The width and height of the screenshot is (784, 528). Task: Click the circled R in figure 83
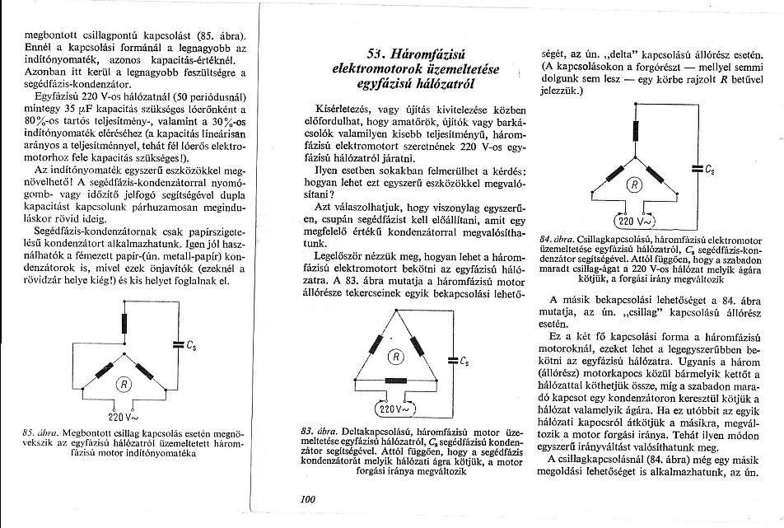point(395,357)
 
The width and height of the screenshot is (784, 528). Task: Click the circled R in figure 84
point(635,185)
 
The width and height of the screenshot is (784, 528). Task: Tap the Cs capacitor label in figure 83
point(464,361)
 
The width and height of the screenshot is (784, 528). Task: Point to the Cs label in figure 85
point(191,346)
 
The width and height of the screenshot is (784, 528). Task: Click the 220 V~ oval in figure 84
point(635,220)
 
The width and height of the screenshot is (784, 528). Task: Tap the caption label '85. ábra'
point(39,431)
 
